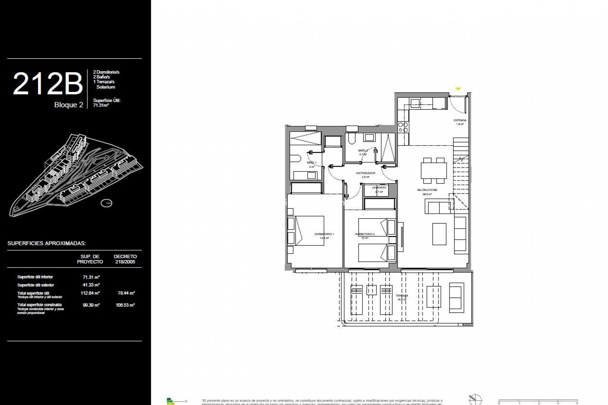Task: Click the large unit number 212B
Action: (47, 84)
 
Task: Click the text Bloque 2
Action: (69, 105)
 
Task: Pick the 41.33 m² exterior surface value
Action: (91, 285)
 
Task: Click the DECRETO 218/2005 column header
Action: (125, 259)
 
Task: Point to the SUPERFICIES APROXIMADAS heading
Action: (47, 243)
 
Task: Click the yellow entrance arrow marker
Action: (458, 89)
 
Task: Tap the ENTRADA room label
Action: (460, 121)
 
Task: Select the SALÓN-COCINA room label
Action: (427, 190)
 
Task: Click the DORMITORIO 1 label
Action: (324, 234)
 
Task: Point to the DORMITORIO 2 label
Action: (365, 234)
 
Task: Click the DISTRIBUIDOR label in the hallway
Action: (365, 173)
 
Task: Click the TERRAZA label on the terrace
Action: (402, 296)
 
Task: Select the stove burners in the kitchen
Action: (403, 127)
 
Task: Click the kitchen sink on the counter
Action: (415, 103)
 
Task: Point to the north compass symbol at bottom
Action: (475, 400)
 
